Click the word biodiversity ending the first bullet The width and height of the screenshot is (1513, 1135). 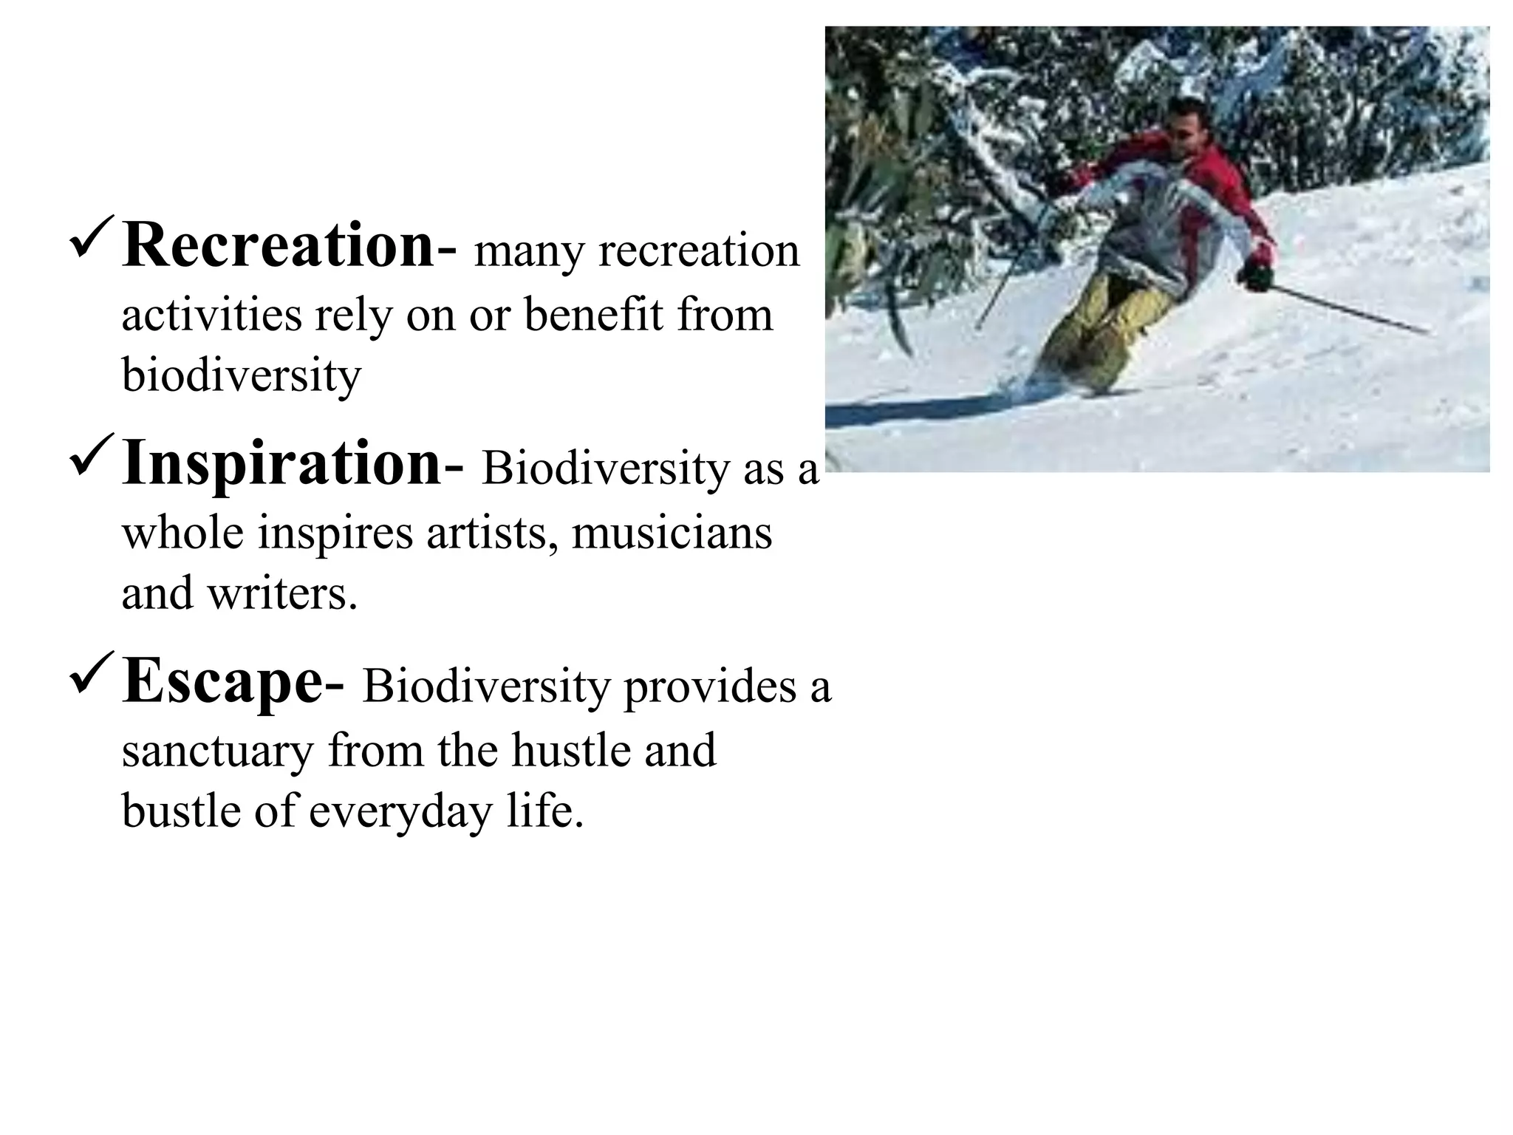point(241,376)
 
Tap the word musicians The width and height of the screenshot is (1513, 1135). point(672,533)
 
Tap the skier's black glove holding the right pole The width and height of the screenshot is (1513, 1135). point(1254,276)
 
